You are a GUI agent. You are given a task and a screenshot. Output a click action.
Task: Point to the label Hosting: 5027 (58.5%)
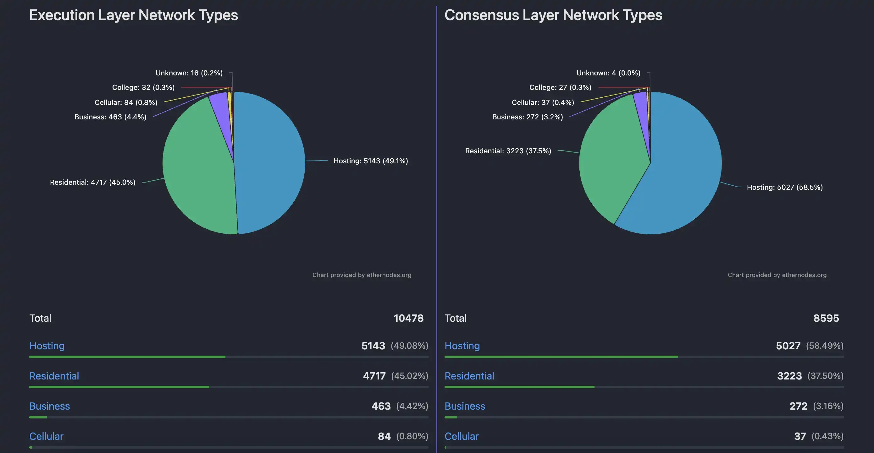click(x=784, y=187)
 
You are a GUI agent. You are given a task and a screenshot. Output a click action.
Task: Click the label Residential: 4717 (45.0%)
click(x=93, y=183)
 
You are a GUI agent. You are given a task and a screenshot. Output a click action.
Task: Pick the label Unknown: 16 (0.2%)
click(x=189, y=73)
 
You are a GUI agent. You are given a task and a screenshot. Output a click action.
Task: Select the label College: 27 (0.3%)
click(x=560, y=87)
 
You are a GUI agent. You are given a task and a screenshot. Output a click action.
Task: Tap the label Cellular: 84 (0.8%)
click(x=126, y=102)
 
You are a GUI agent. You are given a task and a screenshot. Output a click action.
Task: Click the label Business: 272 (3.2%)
click(x=528, y=117)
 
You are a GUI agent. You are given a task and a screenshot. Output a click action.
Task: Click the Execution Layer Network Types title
click(x=134, y=15)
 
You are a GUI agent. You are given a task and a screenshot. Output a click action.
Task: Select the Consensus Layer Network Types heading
click(x=553, y=15)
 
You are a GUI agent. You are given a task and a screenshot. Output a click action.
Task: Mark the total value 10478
click(x=408, y=318)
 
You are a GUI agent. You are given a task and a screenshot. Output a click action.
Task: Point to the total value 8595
click(x=826, y=318)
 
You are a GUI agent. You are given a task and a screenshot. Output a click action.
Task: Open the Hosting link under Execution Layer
click(x=47, y=346)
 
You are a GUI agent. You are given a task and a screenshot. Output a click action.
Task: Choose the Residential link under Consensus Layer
click(x=469, y=376)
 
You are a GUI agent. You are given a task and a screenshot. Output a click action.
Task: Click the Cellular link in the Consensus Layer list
click(x=462, y=436)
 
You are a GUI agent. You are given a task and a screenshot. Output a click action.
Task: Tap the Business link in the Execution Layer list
click(x=50, y=406)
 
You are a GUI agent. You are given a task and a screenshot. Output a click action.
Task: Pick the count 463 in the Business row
click(x=381, y=406)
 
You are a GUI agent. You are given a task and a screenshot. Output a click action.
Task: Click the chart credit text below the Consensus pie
click(x=777, y=275)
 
